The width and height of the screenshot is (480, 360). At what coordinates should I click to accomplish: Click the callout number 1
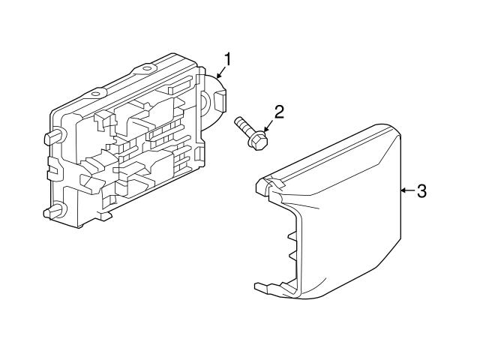click(227, 59)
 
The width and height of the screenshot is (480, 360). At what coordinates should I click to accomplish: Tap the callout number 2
click(279, 112)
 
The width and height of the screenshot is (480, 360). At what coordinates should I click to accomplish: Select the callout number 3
click(421, 190)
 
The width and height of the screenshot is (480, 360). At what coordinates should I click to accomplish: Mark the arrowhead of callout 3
click(404, 190)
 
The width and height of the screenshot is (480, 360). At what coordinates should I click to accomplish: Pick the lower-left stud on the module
click(54, 211)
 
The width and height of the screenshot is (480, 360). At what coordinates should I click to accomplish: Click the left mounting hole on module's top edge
click(97, 94)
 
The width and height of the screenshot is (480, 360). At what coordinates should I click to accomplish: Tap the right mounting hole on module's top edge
click(147, 68)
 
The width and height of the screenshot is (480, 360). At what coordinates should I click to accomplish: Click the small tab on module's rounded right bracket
click(220, 100)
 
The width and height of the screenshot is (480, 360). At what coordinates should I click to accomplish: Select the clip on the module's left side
click(52, 168)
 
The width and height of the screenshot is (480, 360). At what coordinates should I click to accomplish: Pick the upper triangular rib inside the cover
click(292, 235)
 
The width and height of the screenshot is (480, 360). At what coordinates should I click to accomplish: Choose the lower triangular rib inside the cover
click(292, 256)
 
